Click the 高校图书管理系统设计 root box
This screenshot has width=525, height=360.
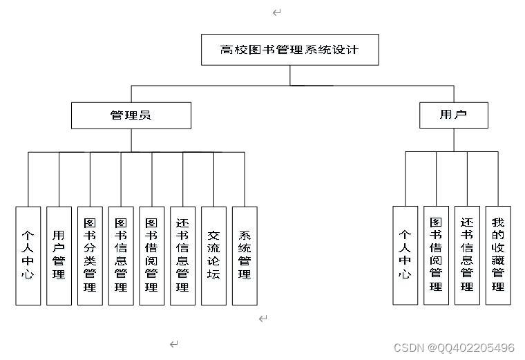[290, 50]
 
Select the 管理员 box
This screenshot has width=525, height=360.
[131, 115]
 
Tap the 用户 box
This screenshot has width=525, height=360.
[454, 115]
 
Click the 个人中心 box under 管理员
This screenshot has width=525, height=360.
[28, 256]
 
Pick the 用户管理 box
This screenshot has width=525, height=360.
[59, 256]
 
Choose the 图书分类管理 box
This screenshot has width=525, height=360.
[90, 256]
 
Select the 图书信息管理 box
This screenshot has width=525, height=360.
[121, 256]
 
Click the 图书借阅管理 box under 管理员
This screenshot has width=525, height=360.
[152, 256]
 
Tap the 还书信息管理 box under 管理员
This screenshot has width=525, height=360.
[183, 256]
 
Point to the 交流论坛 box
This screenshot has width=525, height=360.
[213, 256]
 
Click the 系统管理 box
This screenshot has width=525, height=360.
[245, 256]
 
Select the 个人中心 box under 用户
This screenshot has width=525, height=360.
[405, 256]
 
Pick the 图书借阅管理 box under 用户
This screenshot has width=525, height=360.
[436, 256]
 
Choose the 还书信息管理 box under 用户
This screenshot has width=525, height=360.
[467, 256]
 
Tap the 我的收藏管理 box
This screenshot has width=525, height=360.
[498, 256]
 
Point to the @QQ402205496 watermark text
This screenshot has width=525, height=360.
[471, 348]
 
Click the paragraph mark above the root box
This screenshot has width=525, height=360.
[276, 12]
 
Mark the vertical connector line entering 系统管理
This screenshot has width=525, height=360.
[245, 180]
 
